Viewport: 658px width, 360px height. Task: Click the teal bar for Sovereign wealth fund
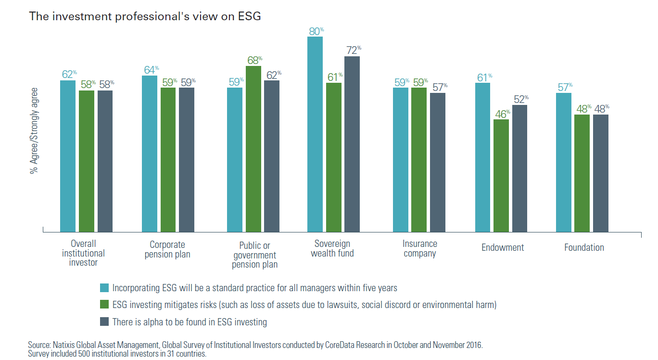point(315,134)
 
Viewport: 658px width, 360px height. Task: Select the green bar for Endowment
point(501,176)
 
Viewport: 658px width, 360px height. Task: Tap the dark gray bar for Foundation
point(600,173)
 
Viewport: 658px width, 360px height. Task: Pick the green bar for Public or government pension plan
point(253,149)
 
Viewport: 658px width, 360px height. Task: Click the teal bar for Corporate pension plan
point(150,154)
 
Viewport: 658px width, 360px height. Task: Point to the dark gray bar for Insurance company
point(438,162)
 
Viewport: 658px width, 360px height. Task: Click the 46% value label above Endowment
point(502,114)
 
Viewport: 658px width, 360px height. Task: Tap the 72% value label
point(353,50)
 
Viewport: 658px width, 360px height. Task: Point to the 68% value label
point(254,60)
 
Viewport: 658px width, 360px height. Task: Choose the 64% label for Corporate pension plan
point(151,69)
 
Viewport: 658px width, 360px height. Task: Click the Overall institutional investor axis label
point(83,253)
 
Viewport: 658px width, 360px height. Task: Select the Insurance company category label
point(420,249)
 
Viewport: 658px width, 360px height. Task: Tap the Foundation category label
point(584,247)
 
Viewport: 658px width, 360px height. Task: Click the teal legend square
point(104,288)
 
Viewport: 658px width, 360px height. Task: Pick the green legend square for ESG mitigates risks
point(104,305)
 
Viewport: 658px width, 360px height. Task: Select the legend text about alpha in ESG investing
point(190,322)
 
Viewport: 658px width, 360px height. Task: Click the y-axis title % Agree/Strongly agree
point(34,130)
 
